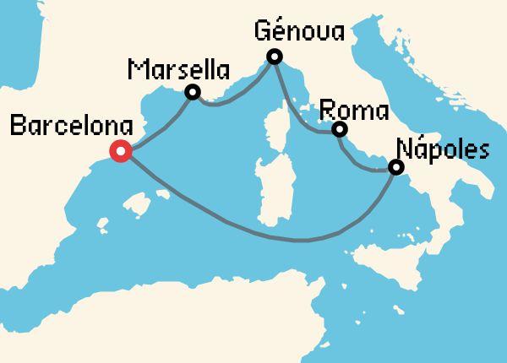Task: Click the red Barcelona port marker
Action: (120, 152)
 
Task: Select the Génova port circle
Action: (274, 57)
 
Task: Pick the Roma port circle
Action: (339, 129)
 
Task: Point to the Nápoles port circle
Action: (395, 167)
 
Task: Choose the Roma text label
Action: (354, 111)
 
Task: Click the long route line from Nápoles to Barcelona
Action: (279, 239)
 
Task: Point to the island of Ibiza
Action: (103, 225)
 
